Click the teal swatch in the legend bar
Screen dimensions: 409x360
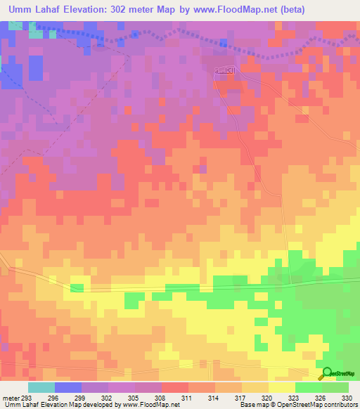pyautogui.click(x=41, y=387)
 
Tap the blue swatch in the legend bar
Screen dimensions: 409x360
pyautogui.click(x=68, y=387)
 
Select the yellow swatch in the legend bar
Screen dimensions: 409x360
pyautogui.click(x=281, y=387)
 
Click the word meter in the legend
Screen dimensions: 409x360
pyautogui.click(x=11, y=398)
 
